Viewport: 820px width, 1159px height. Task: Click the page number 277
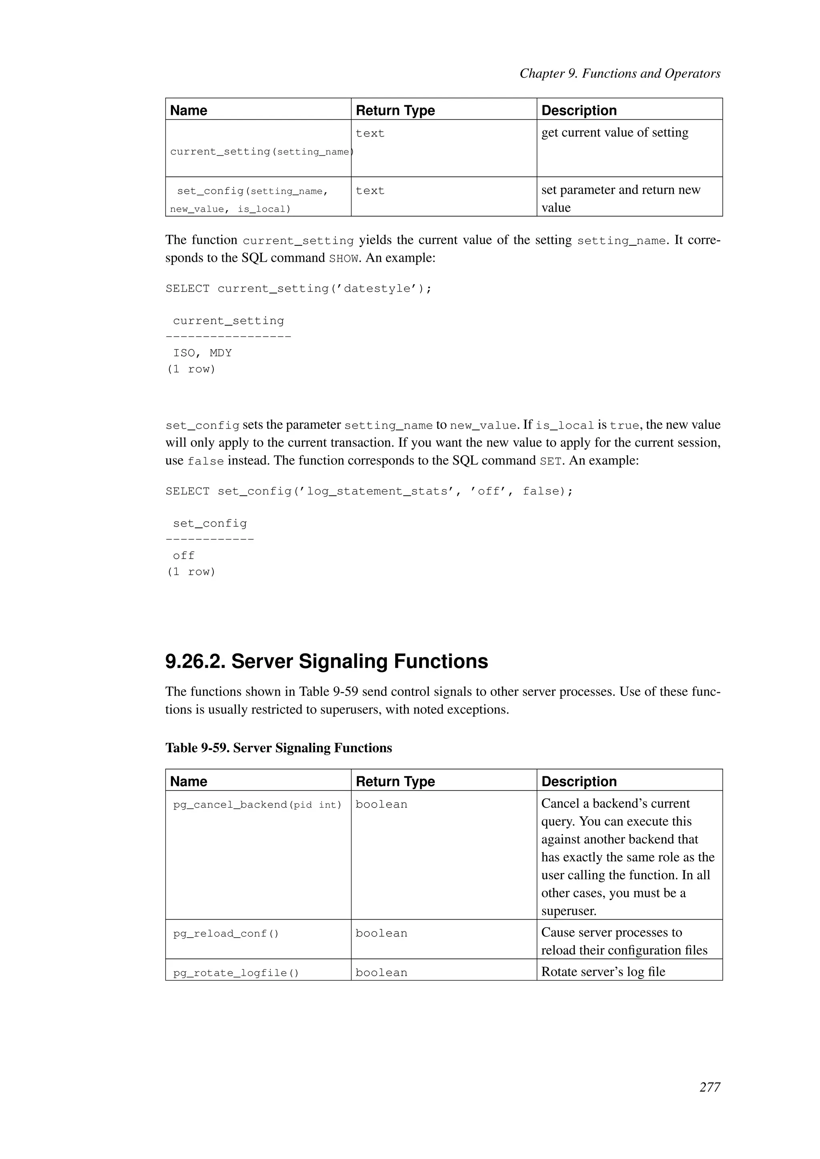tap(709, 1087)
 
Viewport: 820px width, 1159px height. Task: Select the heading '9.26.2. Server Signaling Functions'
tap(326, 661)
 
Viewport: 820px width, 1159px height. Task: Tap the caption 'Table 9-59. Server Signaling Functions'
tap(278, 748)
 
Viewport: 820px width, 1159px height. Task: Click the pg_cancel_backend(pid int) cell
tap(257, 805)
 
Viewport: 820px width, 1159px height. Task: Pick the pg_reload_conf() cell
tap(226, 933)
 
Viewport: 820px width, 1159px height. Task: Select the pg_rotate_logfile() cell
tap(236, 973)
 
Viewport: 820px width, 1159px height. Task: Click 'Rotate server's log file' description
tap(603, 972)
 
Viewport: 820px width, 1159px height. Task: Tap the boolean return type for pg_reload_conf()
tap(381, 933)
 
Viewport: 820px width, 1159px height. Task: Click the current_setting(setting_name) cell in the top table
tap(260, 151)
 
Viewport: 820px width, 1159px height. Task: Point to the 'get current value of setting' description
tap(615, 133)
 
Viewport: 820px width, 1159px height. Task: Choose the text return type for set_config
tap(370, 191)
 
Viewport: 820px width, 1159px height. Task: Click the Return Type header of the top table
tap(395, 110)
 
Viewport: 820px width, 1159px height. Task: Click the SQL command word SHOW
tap(344, 259)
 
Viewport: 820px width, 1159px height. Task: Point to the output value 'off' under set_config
tap(183, 556)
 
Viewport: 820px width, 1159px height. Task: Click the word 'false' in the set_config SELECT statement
tap(540, 491)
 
